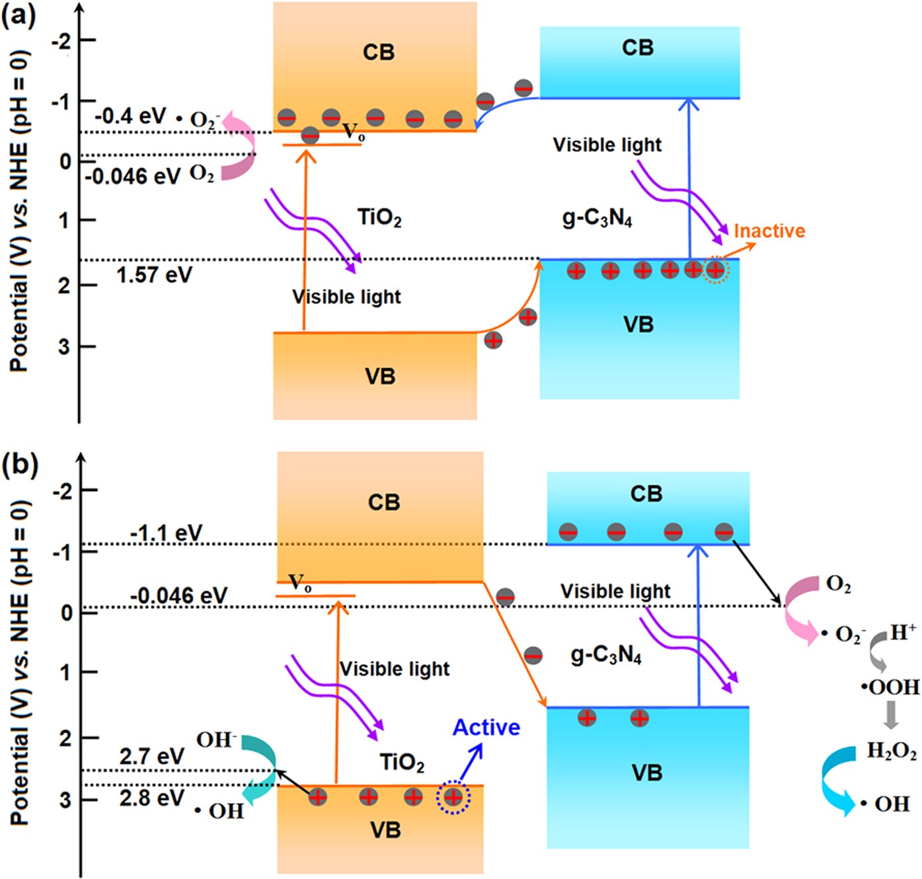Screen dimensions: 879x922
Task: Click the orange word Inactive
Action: (769, 231)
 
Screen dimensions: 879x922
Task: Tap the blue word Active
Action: (486, 727)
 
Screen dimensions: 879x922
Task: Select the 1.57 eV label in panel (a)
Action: (154, 275)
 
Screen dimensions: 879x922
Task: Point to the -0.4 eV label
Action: (130, 116)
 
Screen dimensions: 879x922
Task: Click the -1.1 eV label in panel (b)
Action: (166, 532)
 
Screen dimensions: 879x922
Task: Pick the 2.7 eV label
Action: (151, 756)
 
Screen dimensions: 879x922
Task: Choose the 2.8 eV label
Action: (151, 798)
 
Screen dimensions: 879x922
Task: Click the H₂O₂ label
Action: (891, 751)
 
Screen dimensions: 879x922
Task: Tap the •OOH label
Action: (890, 687)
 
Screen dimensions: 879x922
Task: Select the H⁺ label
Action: (903, 632)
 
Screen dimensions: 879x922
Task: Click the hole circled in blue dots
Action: (453, 798)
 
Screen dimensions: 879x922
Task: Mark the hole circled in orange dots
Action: (715, 270)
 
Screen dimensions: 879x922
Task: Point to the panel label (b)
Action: (19, 465)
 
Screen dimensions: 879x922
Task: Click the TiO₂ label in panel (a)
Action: (379, 217)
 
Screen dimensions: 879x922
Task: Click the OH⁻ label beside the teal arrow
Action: (216, 740)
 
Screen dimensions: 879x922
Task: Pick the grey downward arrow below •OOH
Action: (891, 714)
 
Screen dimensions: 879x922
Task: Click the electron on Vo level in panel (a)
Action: (310, 136)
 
